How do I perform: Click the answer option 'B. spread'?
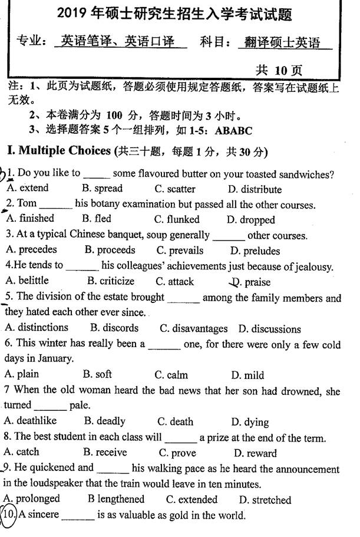(102, 189)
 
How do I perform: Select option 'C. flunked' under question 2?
(177, 219)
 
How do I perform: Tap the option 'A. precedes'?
(30, 250)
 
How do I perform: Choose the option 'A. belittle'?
(27, 281)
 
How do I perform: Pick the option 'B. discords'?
(114, 328)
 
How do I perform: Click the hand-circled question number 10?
(9, 515)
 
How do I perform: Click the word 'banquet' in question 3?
(118, 235)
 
